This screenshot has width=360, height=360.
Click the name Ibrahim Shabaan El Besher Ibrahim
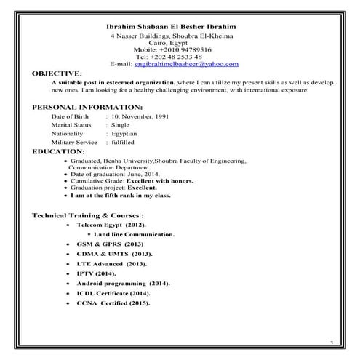click(x=177, y=27)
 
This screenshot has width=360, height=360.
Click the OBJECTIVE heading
click(x=57, y=73)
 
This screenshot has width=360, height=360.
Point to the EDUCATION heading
click(x=59, y=151)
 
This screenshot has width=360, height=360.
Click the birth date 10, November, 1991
click(x=142, y=116)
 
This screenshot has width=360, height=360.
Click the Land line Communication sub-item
click(x=134, y=236)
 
